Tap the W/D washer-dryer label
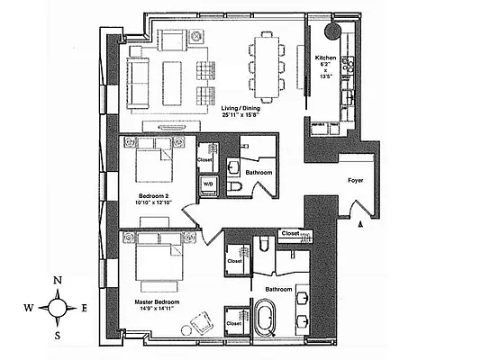click(x=208, y=184)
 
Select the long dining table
click(x=268, y=67)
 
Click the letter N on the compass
click(x=58, y=281)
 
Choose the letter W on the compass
click(x=29, y=309)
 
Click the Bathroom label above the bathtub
click(x=279, y=289)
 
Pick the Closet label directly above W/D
click(x=205, y=160)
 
